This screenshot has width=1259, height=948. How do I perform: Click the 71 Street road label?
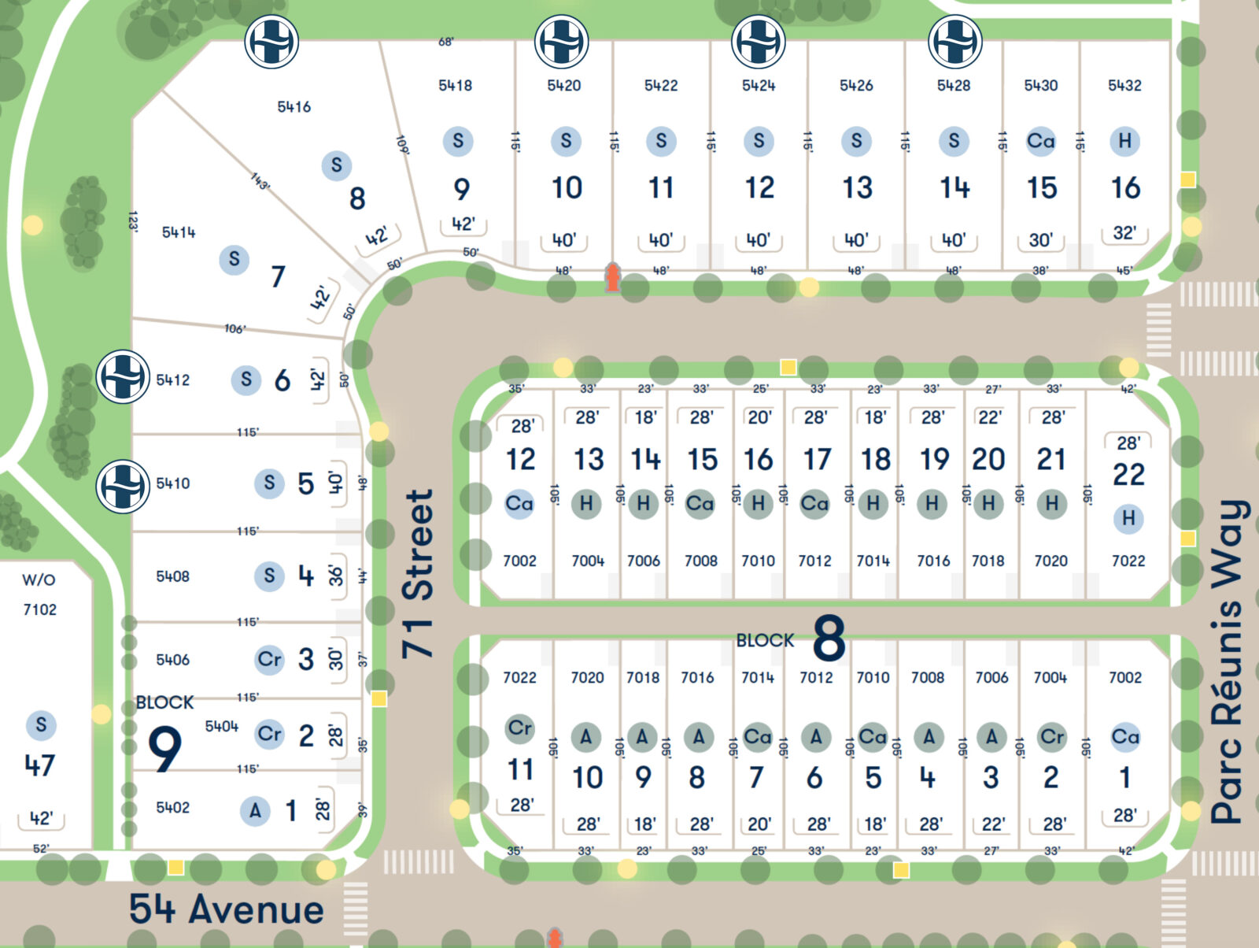coord(418,574)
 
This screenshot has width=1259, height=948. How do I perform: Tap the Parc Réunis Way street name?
coord(1229,661)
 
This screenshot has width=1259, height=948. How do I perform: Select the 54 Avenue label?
coord(227,909)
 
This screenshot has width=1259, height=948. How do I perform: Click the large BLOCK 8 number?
coord(829,639)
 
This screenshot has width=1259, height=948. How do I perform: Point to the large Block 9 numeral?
coord(165,749)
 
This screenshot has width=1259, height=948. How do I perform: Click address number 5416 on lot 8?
coord(294,106)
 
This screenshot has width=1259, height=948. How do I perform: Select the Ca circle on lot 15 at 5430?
coord(1040,141)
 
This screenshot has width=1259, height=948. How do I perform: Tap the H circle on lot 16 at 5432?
coord(1124,141)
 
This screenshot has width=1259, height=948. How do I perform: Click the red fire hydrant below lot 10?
coord(612,278)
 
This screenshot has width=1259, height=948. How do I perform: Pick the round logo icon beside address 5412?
coord(123,376)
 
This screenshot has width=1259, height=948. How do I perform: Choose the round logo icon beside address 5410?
coord(123,486)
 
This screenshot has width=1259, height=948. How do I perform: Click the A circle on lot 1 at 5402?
coord(255,810)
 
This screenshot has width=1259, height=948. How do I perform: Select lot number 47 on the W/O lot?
coord(39,765)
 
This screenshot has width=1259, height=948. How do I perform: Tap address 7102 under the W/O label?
coord(39,609)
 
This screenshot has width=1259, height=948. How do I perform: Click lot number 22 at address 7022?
coord(1128,475)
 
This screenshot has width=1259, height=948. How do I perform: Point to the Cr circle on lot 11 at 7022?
coord(519,728)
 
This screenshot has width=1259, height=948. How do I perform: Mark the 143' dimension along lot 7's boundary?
coord(260,181)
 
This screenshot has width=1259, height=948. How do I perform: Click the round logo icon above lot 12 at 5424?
coord(759,42)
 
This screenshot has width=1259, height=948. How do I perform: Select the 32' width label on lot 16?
coord(1124,233)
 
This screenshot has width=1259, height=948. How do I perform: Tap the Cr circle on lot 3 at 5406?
coord(269,659)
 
